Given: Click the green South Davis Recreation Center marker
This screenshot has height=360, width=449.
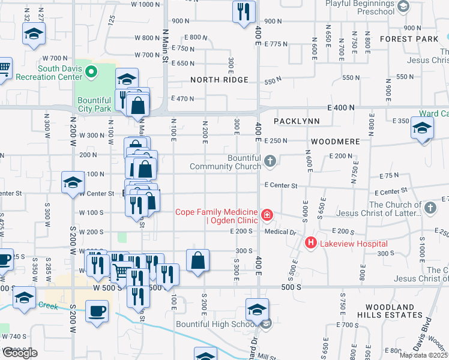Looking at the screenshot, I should pyautogui.click(x=91, y=73).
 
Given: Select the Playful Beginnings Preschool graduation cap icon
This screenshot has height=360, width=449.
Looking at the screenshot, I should pyautogui.click(x=403, y=6).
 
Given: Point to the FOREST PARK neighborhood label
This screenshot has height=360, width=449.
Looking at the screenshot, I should pyautogui.click(x=414, y=39).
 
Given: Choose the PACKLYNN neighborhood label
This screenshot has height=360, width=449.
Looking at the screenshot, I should pyautogui.click(x=297, y=121).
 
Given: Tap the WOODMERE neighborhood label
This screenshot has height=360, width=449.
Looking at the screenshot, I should pyautogui.click(x=335, y=142).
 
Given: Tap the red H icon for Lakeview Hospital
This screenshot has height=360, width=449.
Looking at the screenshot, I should pyautogui.click(x=311, y=243).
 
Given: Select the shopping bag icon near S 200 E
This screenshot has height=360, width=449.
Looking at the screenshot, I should pyautogui.click(x=197, y=260).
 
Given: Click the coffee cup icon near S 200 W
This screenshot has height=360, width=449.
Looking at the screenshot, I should pyautogui.click(x=97, y=311).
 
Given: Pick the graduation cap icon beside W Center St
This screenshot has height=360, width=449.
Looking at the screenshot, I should pyautogui.click(x=73, y=182).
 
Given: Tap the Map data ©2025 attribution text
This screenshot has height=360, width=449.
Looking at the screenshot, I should pyautogui.click(x=424, y=355).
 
